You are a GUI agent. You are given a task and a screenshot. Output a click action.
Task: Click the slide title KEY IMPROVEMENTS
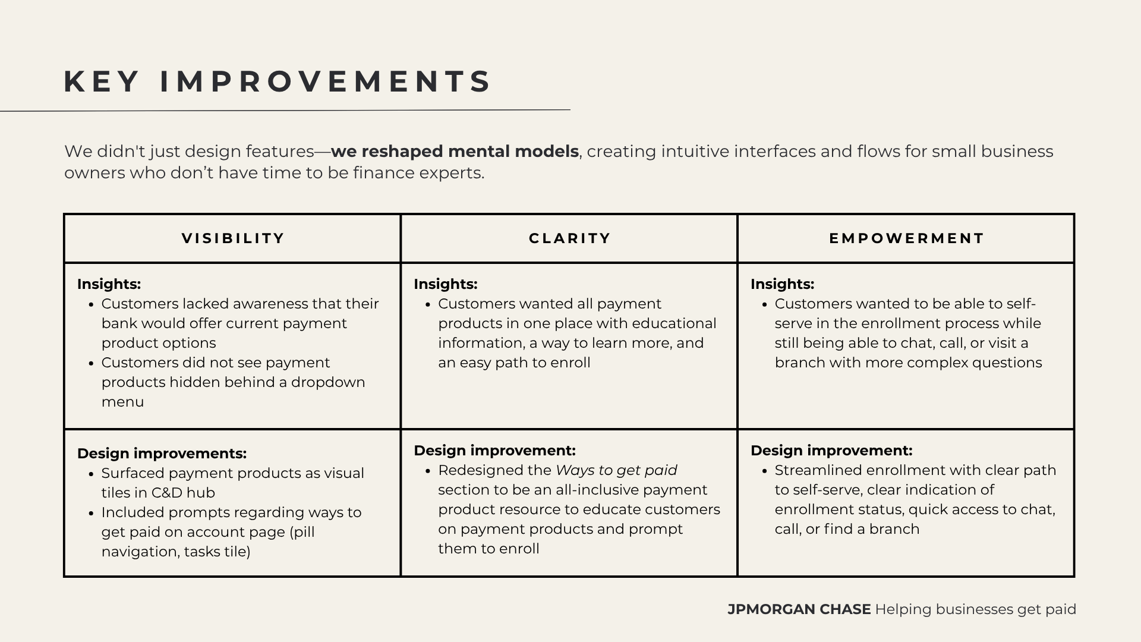pos(278,81)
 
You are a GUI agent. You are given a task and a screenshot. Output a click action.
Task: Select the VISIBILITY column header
pos(233,238)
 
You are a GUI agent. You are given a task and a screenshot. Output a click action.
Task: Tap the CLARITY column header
pos(570,238)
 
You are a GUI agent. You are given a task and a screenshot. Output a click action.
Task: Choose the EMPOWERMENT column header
pos(907,238)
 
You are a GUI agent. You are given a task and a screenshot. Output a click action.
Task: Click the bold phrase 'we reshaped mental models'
pos(455,152)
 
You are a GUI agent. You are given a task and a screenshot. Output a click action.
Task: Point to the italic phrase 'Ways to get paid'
pos(616,470)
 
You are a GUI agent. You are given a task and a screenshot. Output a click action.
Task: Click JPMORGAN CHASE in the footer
pos(799,609)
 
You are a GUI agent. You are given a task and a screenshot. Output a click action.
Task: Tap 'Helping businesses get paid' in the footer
pos(975,609)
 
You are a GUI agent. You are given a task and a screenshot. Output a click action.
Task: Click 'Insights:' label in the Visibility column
pos(109,284)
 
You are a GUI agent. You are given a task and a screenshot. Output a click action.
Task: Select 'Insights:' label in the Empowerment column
pos(782,284)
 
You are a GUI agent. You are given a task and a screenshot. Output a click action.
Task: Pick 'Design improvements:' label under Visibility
pos(162,454)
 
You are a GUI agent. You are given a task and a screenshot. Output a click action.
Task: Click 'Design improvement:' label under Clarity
pos(494,451)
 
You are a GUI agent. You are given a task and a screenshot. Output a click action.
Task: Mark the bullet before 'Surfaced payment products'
pos(91,474)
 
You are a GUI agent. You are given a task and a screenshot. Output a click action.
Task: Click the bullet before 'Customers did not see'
pos(91,363)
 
